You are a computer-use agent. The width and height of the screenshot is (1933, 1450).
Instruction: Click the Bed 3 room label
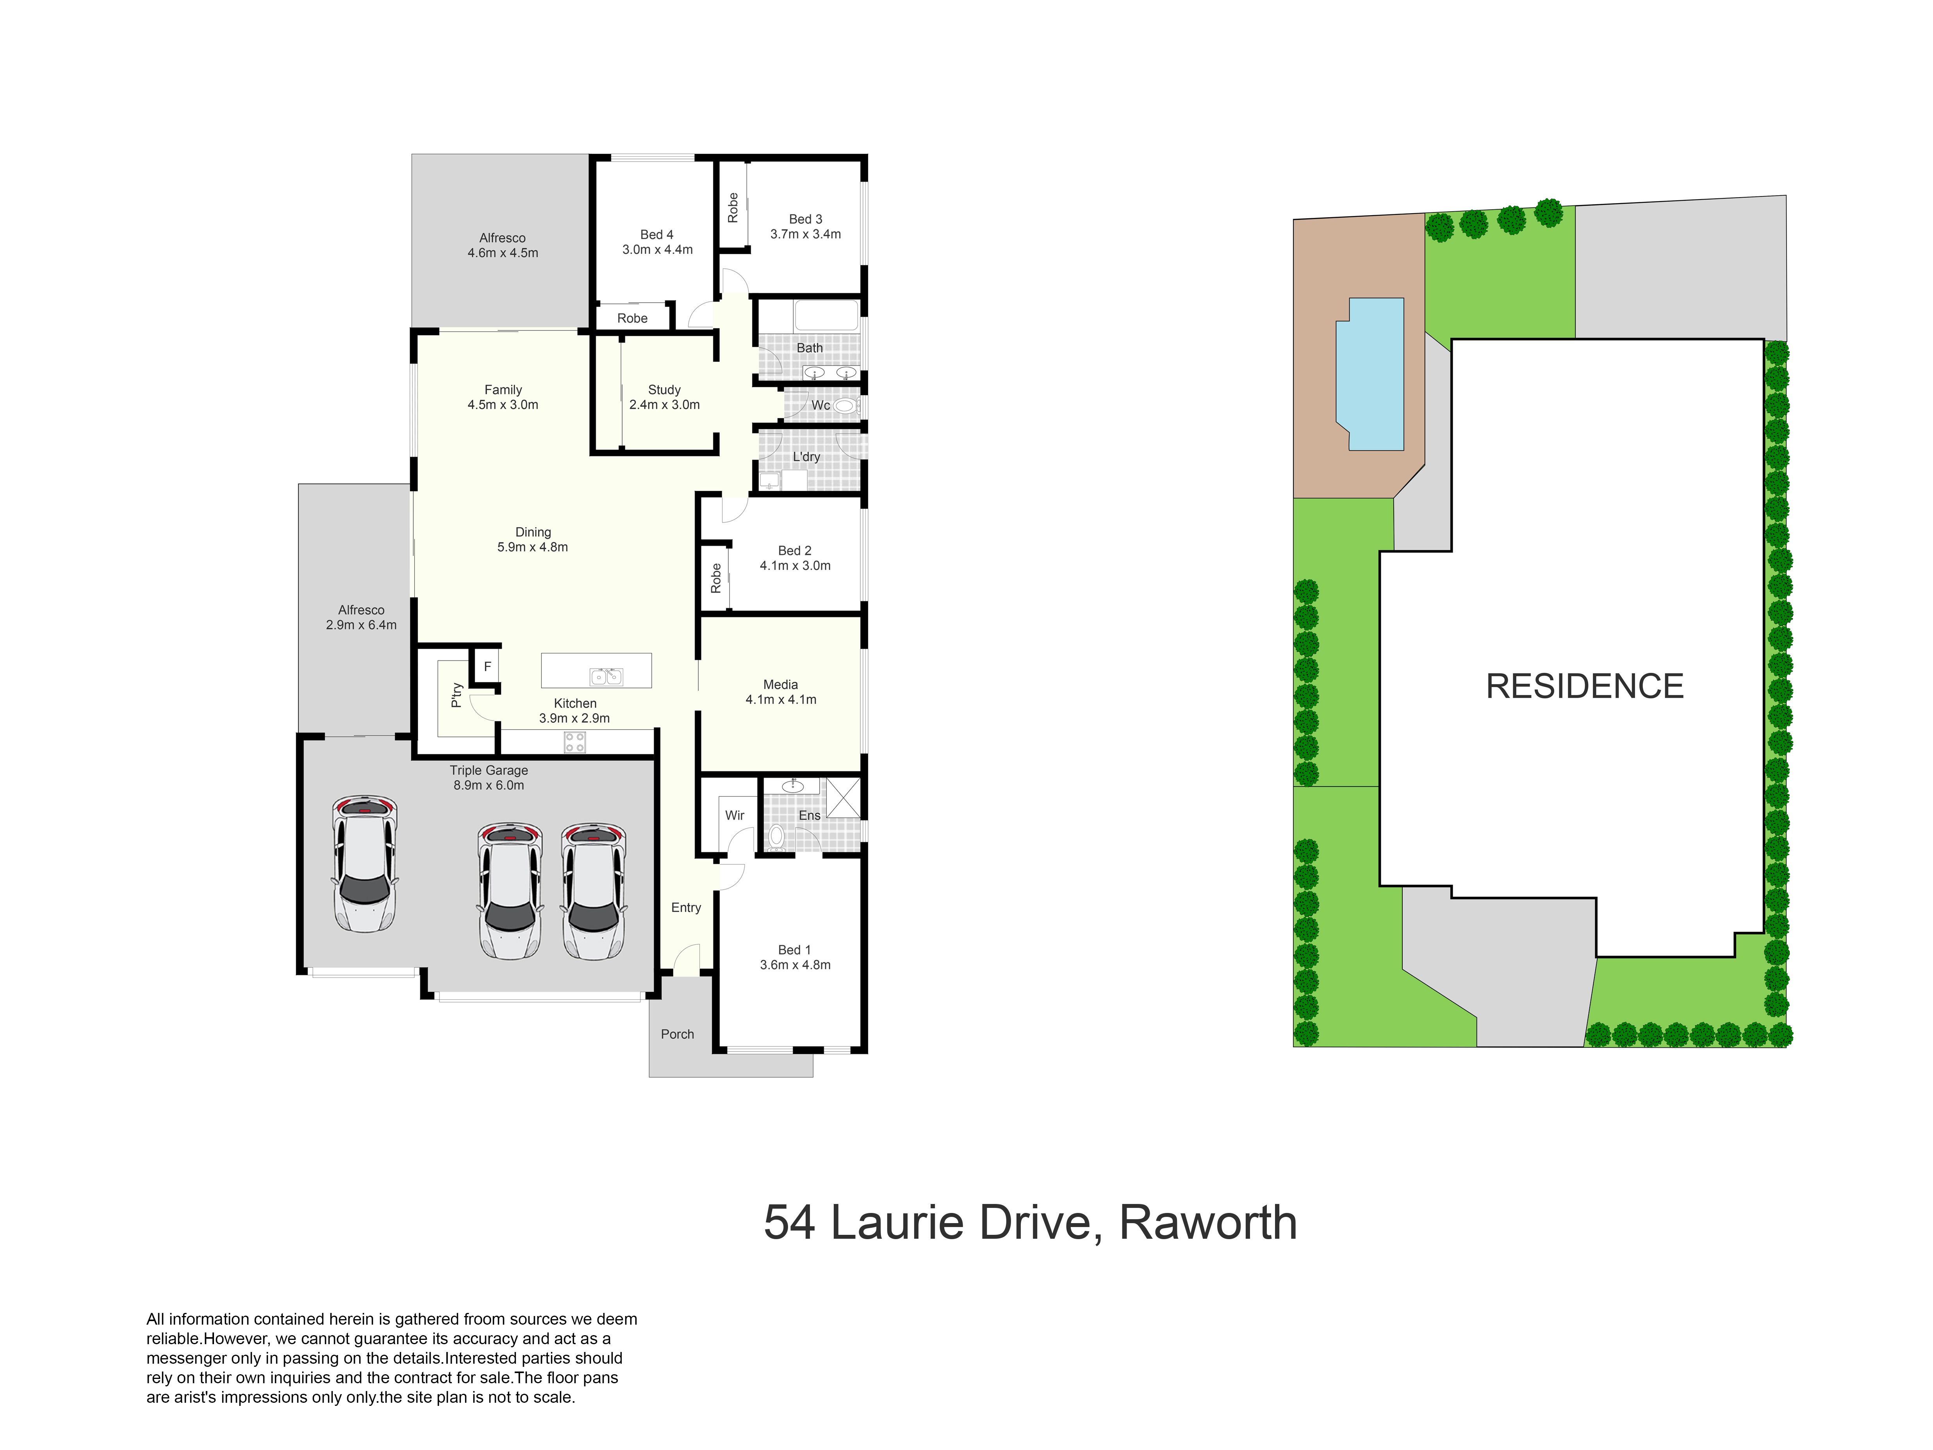tap(805, 227)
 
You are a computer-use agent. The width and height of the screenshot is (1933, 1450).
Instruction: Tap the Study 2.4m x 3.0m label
tap(664, 397)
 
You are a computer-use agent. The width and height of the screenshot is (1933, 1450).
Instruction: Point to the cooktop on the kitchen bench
tap(574, 742)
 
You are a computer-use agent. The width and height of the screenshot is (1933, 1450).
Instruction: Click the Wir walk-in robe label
tap(734, 815)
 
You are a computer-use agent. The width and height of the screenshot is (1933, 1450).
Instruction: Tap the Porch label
tap(677, 1034)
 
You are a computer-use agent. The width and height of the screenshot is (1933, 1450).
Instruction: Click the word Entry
tap(686, 907)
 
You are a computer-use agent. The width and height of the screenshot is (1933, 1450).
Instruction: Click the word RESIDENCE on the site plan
tap(1584, 686)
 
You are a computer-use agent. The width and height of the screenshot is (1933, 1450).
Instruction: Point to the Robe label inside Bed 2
tap(716, 578)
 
